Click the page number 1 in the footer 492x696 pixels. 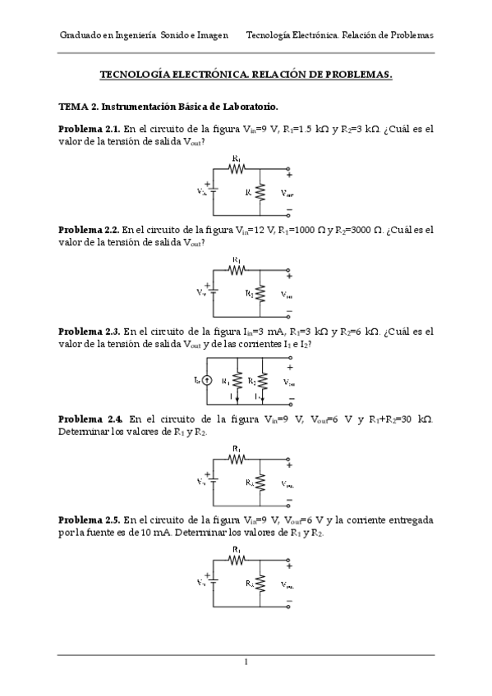click(246, 662)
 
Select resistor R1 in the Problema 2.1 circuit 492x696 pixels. click(237, 168)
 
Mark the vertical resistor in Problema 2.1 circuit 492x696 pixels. click(260, 192)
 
